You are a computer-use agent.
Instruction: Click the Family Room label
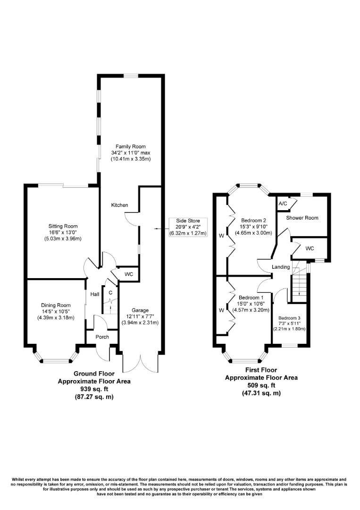[131, 146]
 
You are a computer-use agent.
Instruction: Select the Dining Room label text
[56, 305]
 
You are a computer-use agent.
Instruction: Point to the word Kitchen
[119, 205]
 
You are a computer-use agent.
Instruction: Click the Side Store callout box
[188, 227]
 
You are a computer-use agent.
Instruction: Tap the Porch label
[102, 337]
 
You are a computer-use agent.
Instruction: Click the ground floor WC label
[129, 274]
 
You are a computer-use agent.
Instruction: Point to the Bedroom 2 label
[254, 221]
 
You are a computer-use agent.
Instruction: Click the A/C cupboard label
[283, 203]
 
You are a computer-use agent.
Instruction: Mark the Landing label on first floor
[281, 267]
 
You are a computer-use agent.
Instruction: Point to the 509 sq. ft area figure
[261, 385]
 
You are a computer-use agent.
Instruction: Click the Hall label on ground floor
[95, 294]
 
